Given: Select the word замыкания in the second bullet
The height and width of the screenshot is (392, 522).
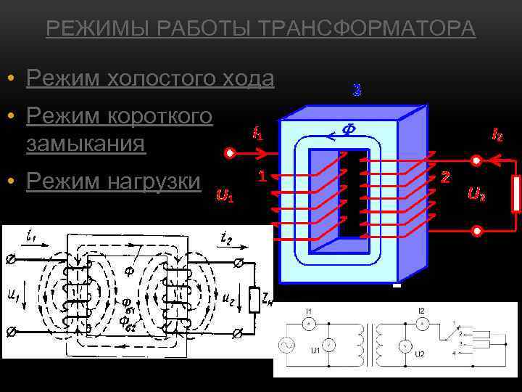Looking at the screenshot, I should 86,144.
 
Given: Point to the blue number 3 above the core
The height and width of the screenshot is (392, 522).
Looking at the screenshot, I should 357,91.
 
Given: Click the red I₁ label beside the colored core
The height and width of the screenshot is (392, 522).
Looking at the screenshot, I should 257,133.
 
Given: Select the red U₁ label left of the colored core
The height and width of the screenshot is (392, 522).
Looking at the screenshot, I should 225,195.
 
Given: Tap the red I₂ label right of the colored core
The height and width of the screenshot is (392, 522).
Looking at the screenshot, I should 498,134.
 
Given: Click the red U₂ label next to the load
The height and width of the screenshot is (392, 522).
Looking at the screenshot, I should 477,194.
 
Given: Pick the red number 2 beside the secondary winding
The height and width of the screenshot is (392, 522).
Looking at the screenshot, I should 445,177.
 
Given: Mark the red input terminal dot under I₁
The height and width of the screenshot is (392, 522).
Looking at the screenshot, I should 230,154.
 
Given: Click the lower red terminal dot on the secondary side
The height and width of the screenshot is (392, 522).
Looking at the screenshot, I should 477,231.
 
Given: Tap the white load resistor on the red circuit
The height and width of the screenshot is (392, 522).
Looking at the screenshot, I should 515,193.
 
